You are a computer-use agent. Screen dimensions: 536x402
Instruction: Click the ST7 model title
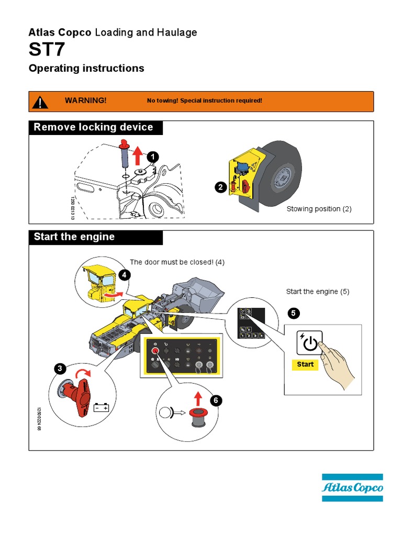tap(47, 51)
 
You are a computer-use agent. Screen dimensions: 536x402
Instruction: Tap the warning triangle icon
tap(40, 101)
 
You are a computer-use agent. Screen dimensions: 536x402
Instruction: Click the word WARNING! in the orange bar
tap(85, 100)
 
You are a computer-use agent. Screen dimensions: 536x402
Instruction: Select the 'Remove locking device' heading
tap(93, 127)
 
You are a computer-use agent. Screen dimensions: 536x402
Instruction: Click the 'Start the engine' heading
tap(74, 237)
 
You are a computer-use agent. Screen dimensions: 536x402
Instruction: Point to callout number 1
tap(152, 157)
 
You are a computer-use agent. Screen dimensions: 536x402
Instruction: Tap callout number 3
tap(60, 369)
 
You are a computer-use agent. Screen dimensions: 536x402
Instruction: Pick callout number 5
tap(294, 313)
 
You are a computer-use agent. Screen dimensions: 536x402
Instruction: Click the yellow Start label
tap(305, 364)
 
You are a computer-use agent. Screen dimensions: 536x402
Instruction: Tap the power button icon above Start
tap(308, 342)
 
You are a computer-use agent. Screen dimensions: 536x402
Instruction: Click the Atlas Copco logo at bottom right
tap(352, 488)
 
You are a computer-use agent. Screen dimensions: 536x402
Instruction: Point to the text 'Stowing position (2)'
tap(319, 209)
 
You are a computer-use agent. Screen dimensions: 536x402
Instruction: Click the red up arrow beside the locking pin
tap(137, 155)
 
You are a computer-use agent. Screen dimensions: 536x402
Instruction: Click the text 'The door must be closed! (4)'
tap(177, 262)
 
